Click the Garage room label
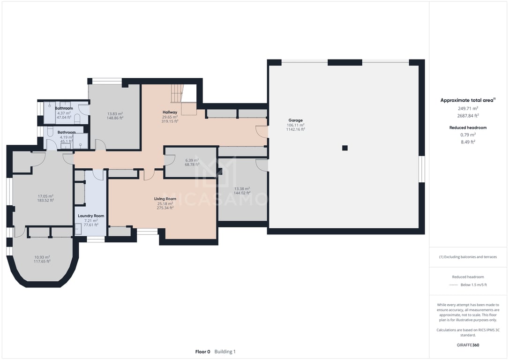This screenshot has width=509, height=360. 295,120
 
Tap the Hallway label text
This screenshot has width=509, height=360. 170,112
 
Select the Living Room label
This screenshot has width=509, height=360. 165,199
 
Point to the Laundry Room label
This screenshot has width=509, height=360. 91,216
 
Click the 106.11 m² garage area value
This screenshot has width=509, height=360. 295,125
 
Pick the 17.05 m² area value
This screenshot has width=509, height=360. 45,196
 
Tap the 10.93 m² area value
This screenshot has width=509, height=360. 42,257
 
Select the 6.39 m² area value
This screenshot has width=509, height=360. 192,160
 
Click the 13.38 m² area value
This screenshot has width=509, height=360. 242,188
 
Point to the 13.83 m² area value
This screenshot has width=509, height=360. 115,113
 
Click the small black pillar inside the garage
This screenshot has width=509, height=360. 345,148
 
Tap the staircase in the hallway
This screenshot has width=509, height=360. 177,93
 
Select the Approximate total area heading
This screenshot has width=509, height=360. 468,100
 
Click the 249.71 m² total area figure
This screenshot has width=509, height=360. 468,108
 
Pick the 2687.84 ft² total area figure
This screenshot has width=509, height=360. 468,116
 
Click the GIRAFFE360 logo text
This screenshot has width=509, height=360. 468,345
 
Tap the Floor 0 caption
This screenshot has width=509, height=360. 202,352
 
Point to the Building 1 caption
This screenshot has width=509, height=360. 225,352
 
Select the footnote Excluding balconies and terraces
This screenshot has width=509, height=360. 468,257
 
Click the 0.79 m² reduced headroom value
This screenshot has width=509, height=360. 468,135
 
